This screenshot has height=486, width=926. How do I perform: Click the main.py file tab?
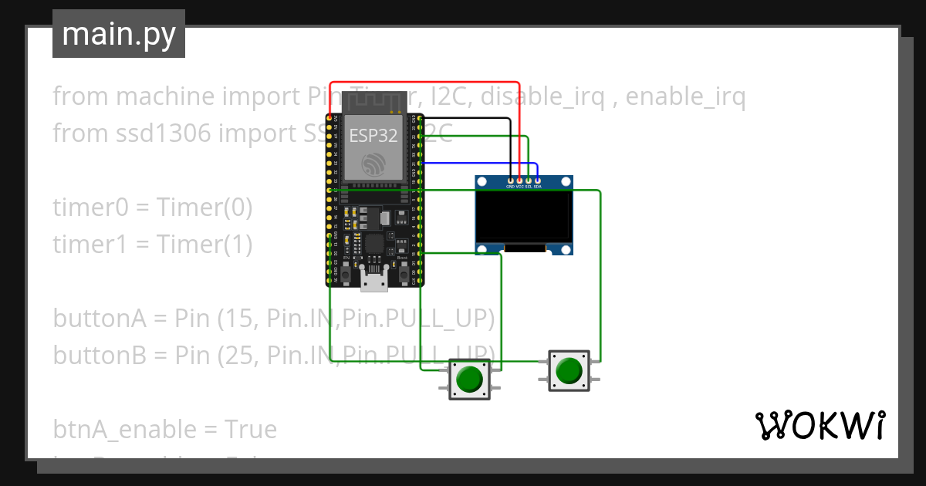[x=118, y=35]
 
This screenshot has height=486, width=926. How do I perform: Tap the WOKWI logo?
[x=819, y=425]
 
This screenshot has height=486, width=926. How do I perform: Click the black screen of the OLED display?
[x=524, y=217]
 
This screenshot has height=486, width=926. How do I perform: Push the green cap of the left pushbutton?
[x=469, y=379]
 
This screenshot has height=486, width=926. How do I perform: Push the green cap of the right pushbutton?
[x=569, y=370]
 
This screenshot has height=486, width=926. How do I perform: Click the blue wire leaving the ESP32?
[x=478, y=163]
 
